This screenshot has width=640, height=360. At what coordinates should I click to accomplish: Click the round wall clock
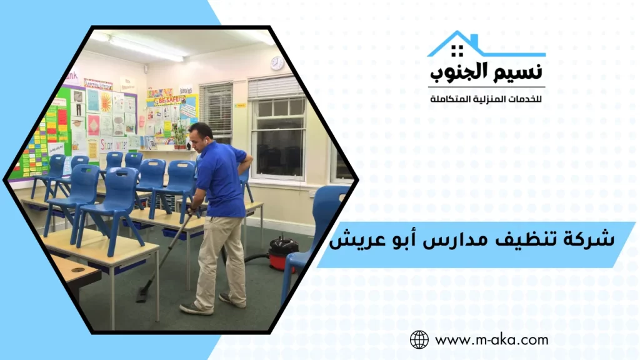point(277,63)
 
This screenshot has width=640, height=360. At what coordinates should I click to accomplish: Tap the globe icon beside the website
point(419,340)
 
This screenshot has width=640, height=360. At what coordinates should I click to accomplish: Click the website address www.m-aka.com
point(491,340)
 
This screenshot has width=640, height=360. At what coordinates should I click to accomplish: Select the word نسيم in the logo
point(519,72)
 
